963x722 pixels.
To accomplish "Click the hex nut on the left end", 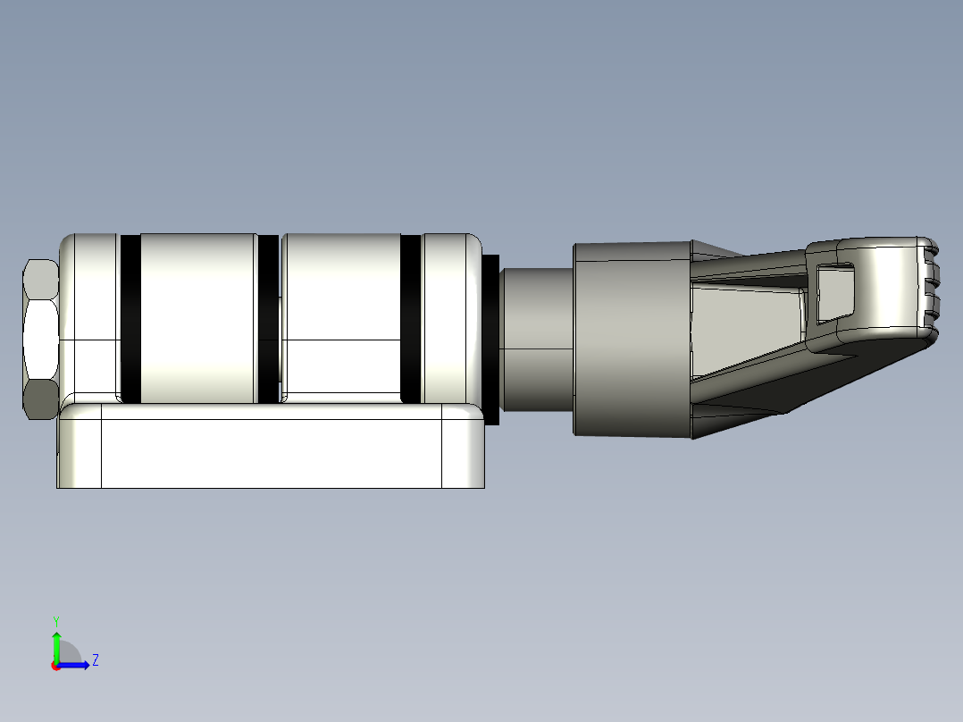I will [x=40, y=340].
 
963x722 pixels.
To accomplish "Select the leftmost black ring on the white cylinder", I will [x=130, y=318].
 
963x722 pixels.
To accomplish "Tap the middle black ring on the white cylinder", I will [x=268, y=318].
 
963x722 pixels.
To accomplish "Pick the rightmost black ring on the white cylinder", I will [x=411, y=318].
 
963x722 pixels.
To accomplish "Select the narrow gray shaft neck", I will [x=536, y=340].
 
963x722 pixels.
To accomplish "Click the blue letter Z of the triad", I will [x=95, y=660].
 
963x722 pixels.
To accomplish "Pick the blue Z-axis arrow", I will [x=77, y=665].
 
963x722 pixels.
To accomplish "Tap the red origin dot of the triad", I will [x=56, y=666].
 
